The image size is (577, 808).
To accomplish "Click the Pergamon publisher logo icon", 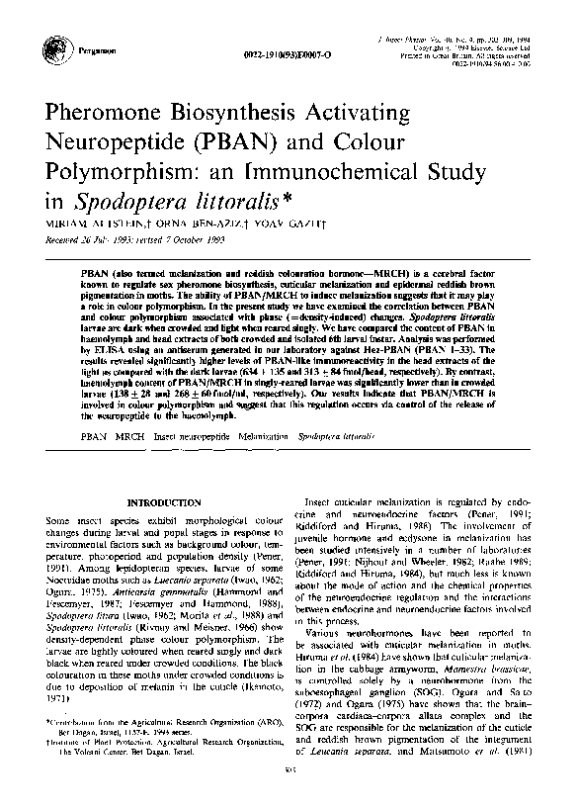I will (x=45, y=46).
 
